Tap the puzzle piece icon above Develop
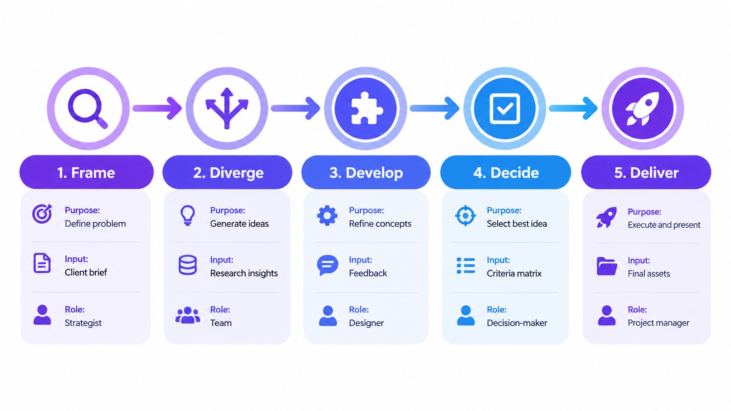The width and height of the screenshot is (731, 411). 366,108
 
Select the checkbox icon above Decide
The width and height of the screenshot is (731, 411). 505,108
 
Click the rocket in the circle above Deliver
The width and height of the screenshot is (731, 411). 642,108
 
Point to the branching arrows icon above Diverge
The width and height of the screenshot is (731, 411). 227,108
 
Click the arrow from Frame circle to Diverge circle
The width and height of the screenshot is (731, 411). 157,108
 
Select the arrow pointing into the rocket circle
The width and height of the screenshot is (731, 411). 573,108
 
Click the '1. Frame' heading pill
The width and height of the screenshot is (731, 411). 87,172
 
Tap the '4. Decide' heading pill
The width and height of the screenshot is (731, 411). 505,172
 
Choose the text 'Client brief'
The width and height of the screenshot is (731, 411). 86,273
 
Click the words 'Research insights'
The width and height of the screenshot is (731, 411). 244,273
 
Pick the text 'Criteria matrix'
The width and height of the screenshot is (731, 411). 514,273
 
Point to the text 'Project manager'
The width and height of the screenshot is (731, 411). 658,323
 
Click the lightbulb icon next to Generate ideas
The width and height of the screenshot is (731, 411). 188,215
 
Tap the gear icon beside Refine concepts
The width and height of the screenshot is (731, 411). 327,215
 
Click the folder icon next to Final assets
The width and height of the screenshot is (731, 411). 607,266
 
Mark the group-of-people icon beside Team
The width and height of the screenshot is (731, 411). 188,315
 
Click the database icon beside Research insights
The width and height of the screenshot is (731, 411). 188,265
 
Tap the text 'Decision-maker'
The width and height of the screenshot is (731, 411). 517,323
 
